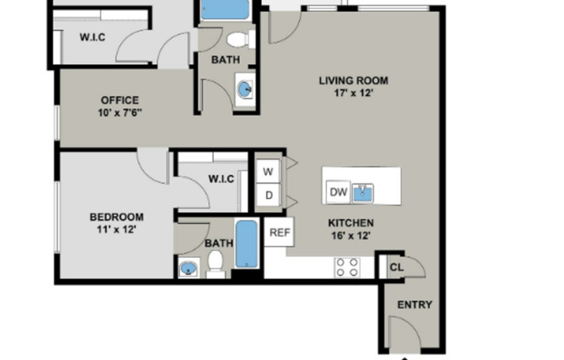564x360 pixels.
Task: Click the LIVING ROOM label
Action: [353, 81]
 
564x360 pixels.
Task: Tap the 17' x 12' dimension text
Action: [353, 93]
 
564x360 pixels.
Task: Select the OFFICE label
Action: [119, 100]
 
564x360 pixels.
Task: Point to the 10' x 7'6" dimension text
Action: [119, 112]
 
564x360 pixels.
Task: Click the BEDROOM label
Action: [117, 216]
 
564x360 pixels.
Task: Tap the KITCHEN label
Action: [350, 223]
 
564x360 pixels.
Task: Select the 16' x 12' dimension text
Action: [350, 235]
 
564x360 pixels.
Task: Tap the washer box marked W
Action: [269, 171]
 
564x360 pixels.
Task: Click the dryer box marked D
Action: [269, 196]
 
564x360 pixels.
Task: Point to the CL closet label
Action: [395, 267]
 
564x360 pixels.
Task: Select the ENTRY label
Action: [413, 305]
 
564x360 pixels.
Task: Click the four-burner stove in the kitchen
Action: [348, 267]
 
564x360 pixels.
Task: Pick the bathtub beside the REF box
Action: [247, 244]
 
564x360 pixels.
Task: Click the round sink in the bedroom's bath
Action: [189, 269]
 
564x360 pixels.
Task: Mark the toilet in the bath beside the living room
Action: [238, 39]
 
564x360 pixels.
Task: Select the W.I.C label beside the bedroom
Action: [221, 179]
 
